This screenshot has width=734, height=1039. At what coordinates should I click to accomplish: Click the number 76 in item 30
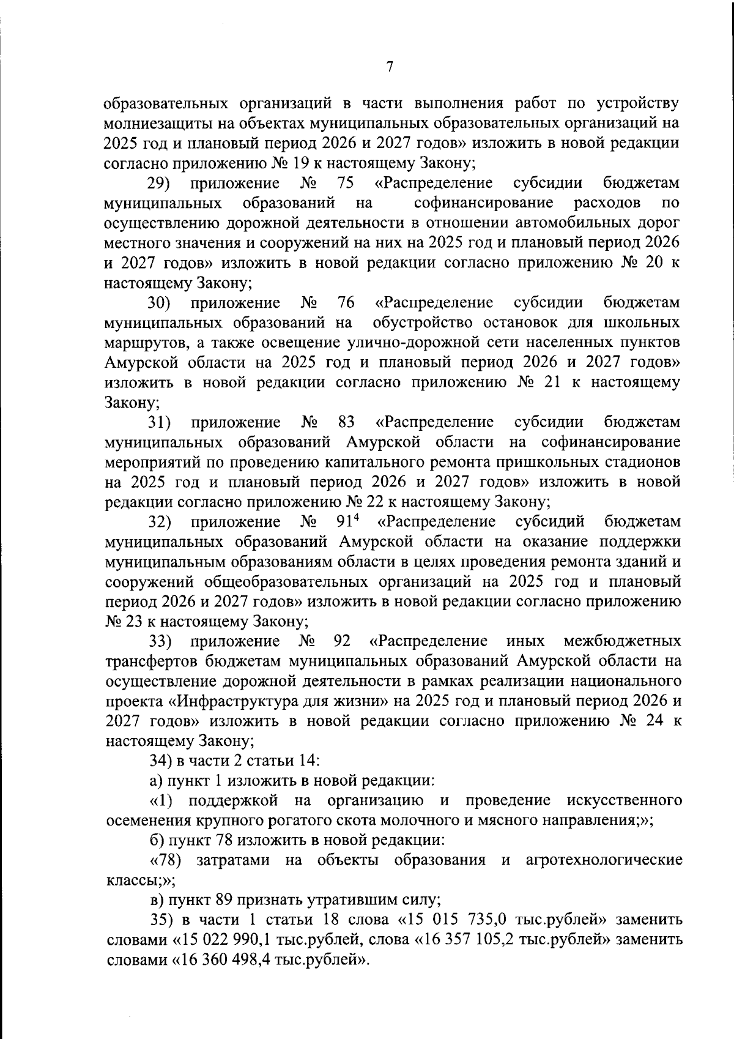click(x=346, y=303)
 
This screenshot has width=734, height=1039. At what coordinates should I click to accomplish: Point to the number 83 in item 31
click(x=346, y=422)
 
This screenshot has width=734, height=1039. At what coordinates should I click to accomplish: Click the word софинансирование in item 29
click(x=483, y=203)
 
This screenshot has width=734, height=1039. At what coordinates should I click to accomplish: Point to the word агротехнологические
click(x=604, y=860)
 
